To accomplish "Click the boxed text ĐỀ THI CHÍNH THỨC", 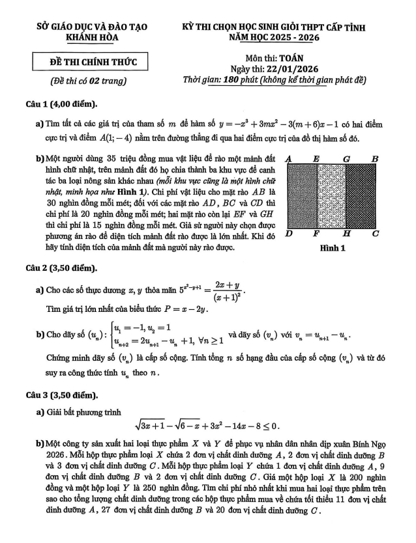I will point(92,63).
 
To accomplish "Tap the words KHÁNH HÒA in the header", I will point(92,38).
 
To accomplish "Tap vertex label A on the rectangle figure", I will point(288,158).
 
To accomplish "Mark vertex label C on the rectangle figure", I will point(376,233).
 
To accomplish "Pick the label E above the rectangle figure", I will point(316,158).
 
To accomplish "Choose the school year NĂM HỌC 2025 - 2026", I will point(274,38).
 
